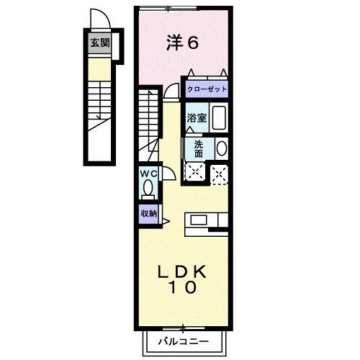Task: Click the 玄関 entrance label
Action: point(99,42)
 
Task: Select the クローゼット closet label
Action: point(207,89)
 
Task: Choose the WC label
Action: point(148,174)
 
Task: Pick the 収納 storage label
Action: point(148,213)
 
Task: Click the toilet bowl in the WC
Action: point(148,189)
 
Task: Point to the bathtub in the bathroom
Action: point(220,117)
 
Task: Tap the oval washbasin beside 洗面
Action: point(221,149)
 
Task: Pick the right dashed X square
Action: point(219,171)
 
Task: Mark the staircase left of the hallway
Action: point(149,115)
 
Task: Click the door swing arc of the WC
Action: point(167,173)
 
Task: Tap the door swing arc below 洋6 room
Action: point(172,90)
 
